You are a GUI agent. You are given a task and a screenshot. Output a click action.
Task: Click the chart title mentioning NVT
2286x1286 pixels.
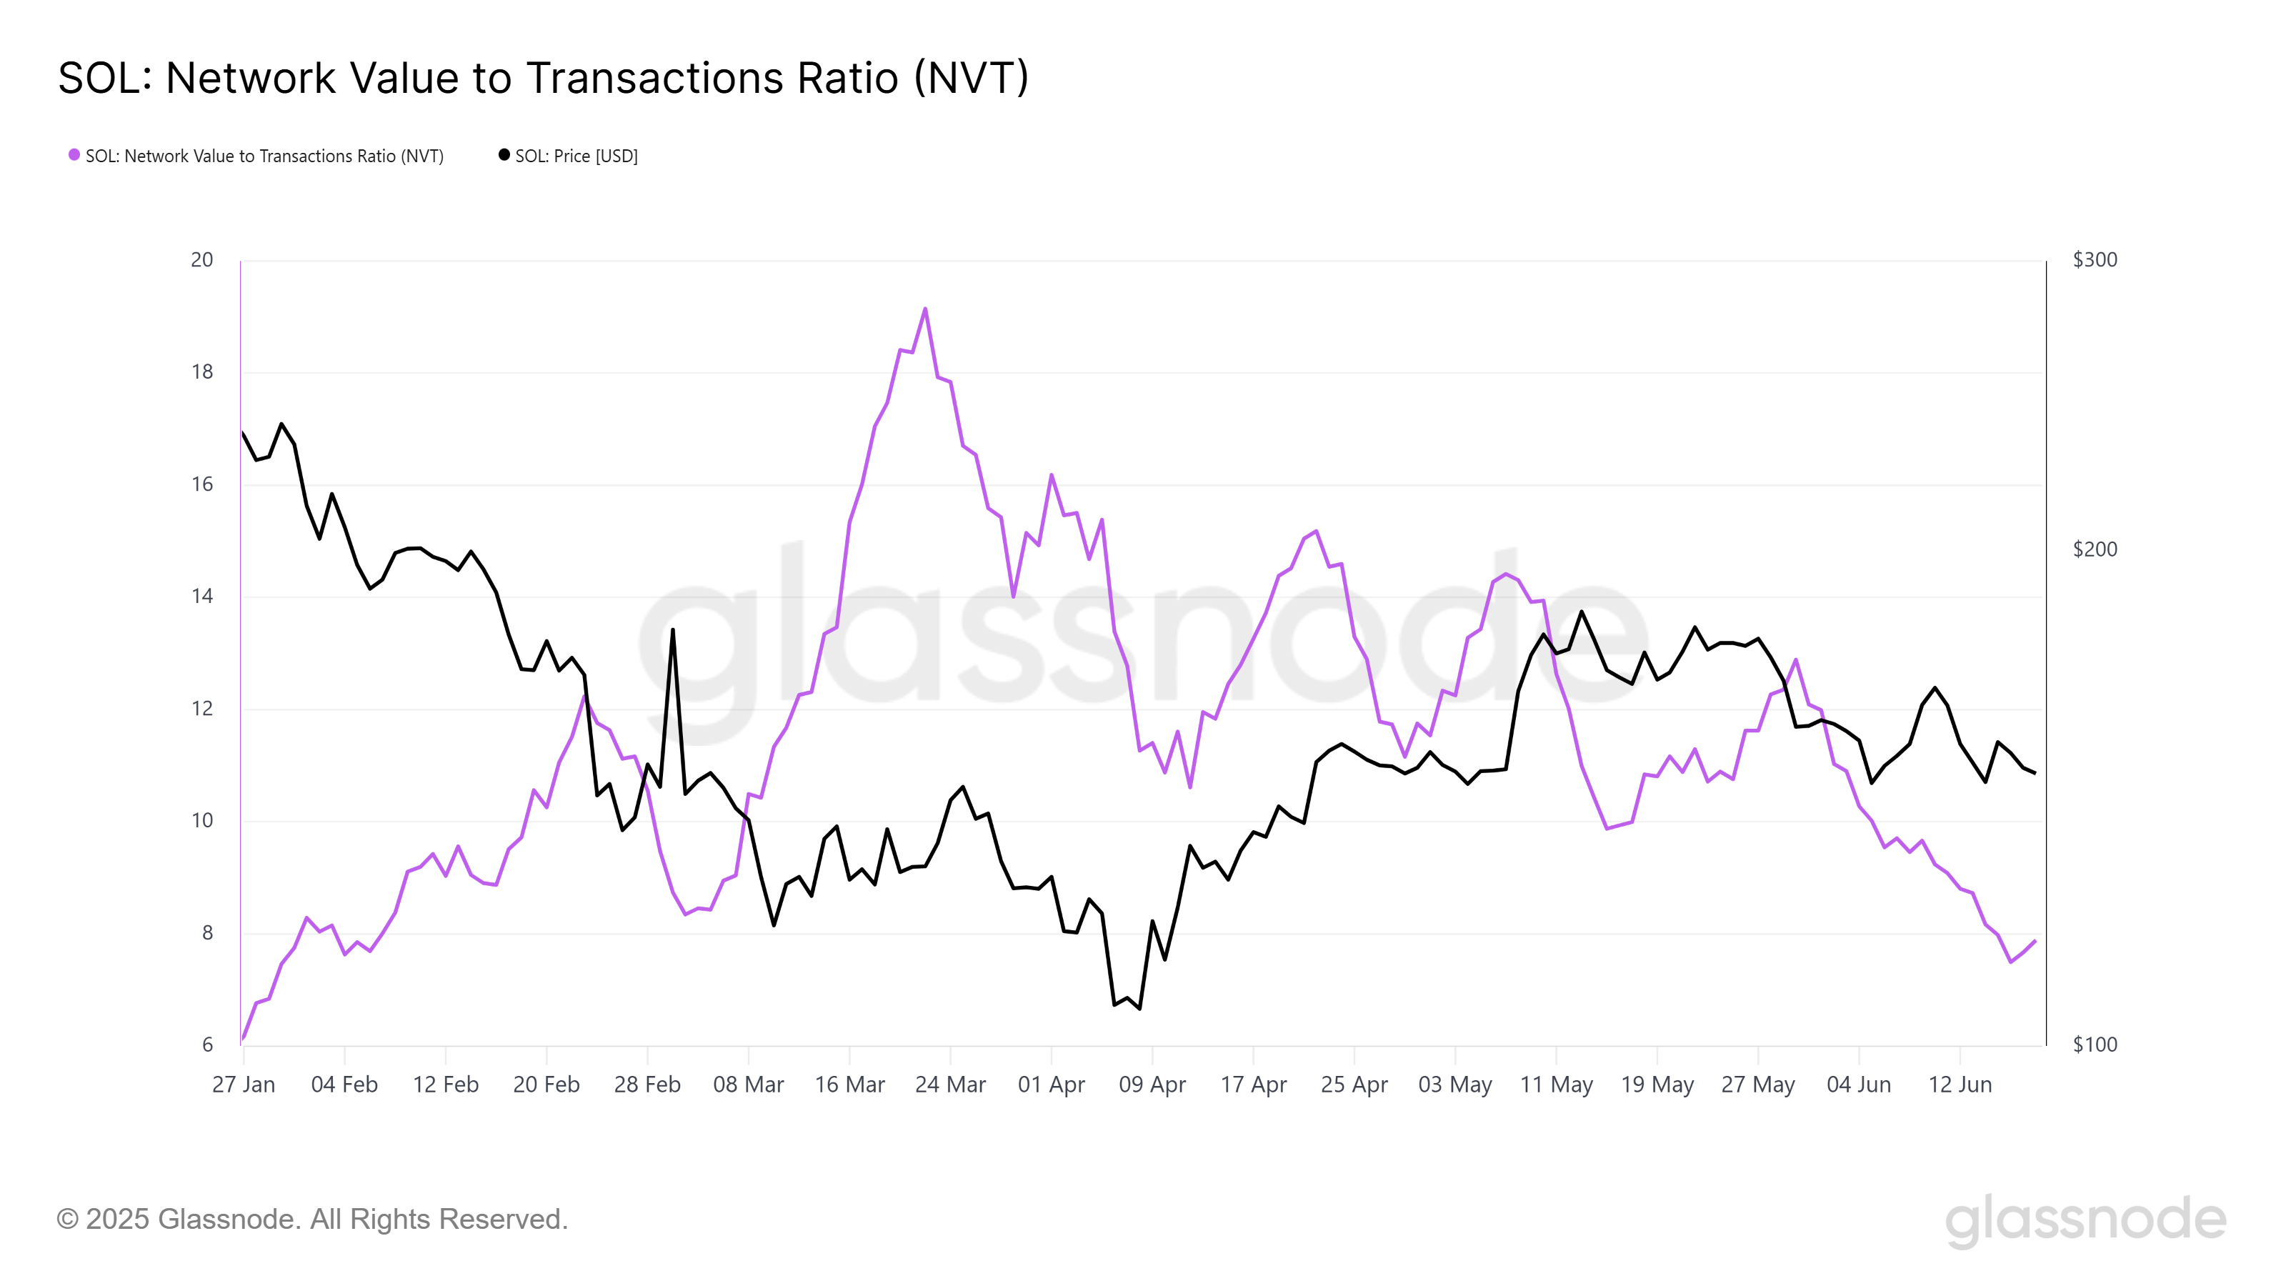coord(543,78)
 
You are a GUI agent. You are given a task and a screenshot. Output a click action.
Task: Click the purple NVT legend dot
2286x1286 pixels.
coord(74,155)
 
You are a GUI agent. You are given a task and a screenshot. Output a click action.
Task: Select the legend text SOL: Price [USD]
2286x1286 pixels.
coord(576,156)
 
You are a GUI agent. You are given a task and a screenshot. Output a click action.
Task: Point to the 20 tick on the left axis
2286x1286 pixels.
coord(202,260)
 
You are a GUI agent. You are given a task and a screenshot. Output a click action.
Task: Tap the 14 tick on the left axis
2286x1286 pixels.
coord(202,597)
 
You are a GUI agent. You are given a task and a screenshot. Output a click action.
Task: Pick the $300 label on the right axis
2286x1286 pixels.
coord(2095,260)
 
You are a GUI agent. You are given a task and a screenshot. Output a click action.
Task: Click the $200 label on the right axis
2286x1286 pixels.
coord(2095,549)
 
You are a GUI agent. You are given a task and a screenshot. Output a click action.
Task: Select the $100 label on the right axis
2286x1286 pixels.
coord(2095,1045)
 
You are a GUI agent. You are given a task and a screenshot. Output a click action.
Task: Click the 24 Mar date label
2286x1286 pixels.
coord(950,1085)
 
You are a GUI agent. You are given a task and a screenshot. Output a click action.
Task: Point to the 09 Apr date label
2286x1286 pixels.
coord(1152,1085)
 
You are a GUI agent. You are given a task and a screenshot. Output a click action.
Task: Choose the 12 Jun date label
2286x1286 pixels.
coord(1960,1085)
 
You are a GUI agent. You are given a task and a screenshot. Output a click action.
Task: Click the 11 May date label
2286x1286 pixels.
coord(1557,1085)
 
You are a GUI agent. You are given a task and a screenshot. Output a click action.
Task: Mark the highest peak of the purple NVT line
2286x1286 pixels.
coord(926,309)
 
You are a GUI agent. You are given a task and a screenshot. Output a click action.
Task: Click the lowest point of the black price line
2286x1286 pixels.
coord(1139,1009)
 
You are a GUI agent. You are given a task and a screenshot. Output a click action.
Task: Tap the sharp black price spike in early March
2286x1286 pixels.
coord(673,630)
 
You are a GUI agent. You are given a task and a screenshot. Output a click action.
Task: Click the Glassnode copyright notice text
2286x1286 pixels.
coord(312,1220)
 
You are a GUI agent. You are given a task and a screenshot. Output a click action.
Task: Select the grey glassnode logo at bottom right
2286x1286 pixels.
coord(2085,1220)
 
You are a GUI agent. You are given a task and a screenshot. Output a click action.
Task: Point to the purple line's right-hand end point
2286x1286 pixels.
coord(2035,941)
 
